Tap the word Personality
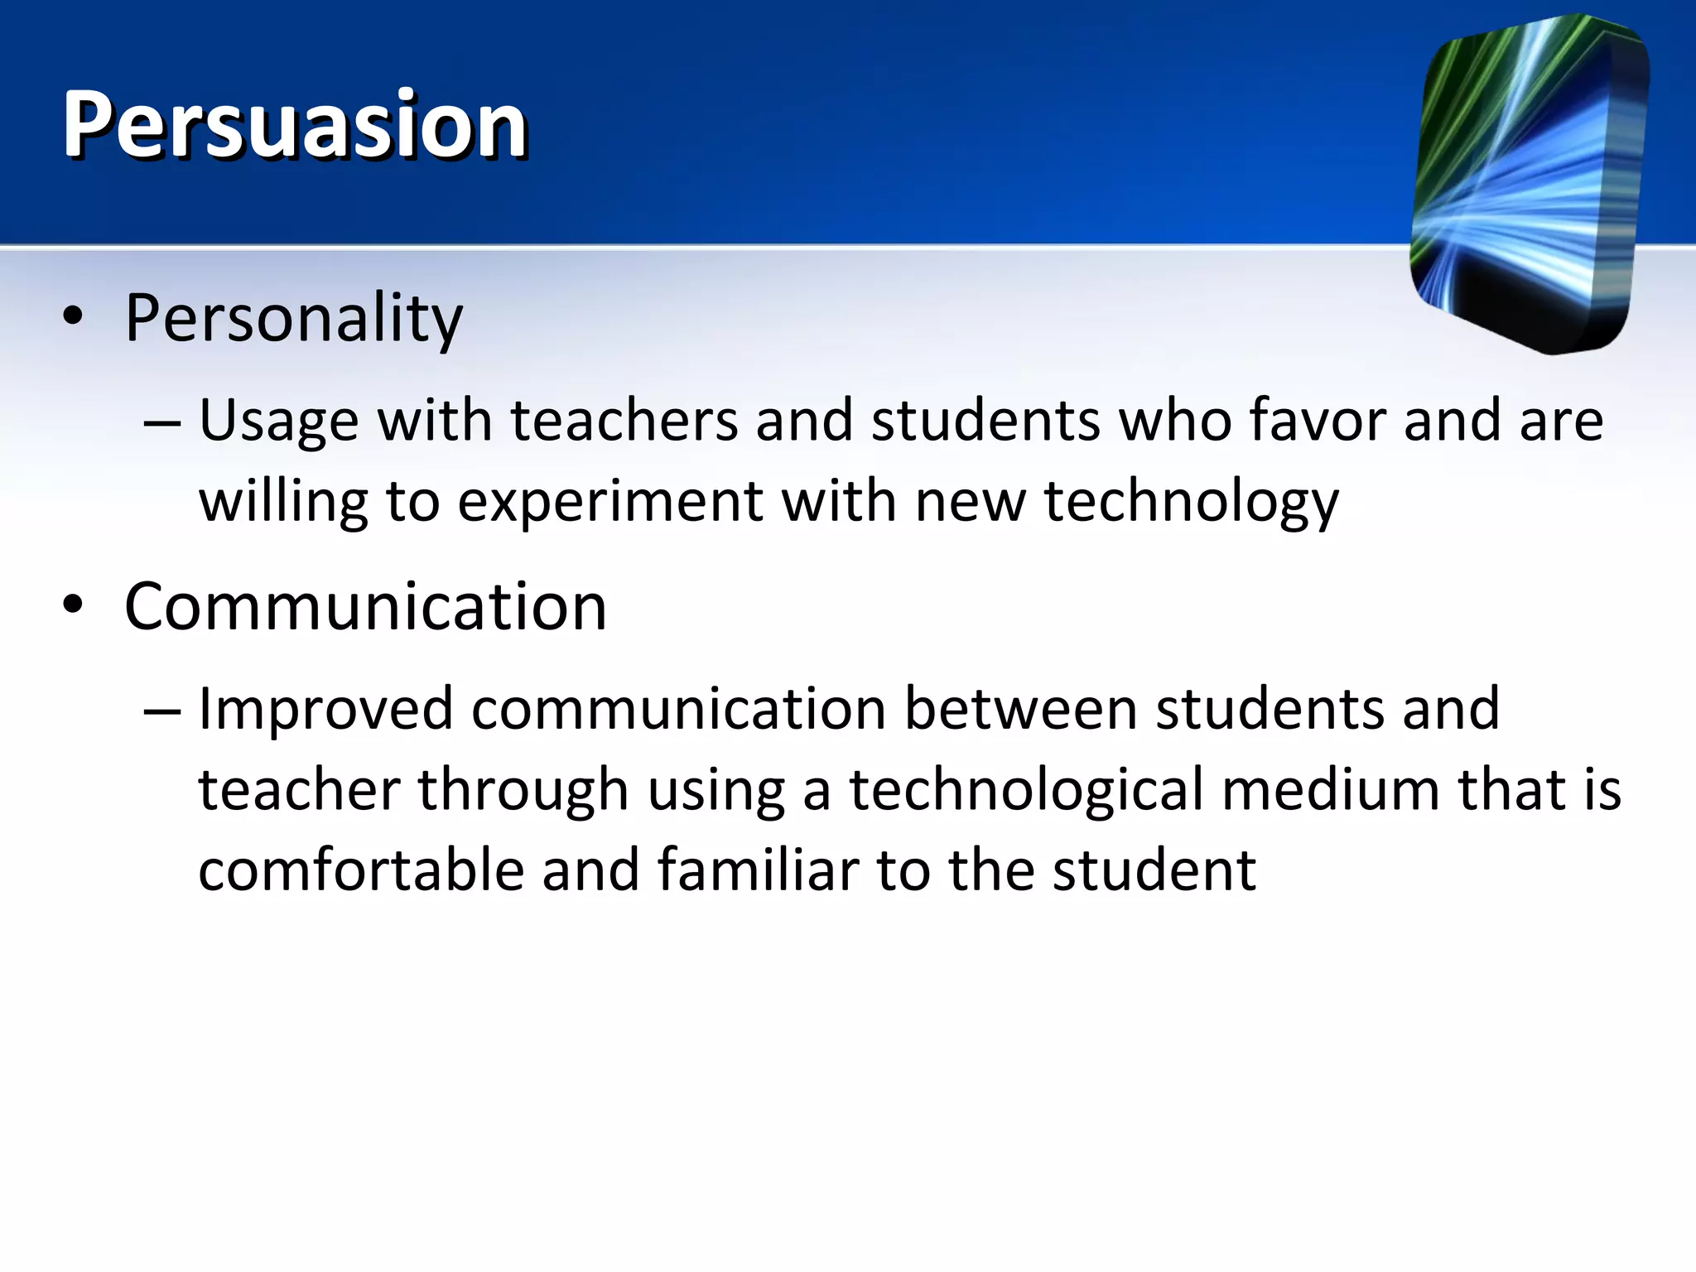(x=293, y=319)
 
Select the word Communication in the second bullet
(x=365, y=607)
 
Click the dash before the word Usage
(x=161, y=422)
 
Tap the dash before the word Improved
(x=161, y=711)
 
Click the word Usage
(x=278, y=422)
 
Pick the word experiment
(x=609, y=501)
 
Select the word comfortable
(x=361, y=870)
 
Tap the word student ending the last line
(x=1154, y=870)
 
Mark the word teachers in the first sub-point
(x=624, y=420)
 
